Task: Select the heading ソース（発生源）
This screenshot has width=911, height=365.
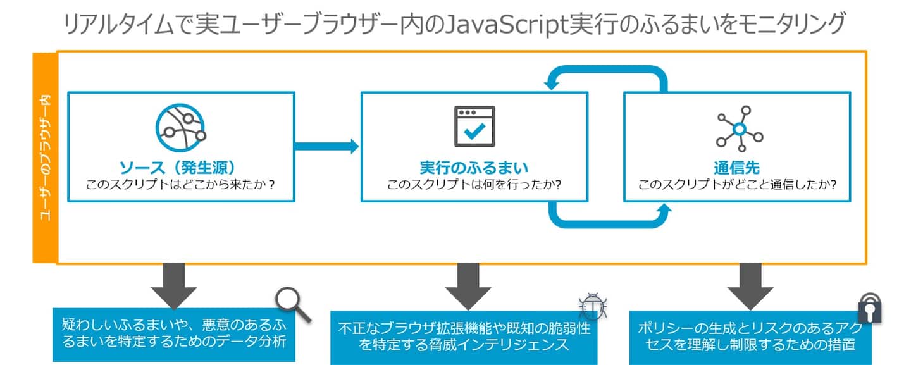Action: click(x=177, y=168)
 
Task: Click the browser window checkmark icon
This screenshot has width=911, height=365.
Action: click(x=474, y=126)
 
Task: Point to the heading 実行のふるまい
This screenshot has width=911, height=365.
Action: click(x=474, y=168)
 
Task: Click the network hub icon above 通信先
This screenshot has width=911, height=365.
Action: click(x=738, y=129)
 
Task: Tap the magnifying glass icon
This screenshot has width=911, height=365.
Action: click(x=294, y=305)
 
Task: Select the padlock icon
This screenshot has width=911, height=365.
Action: click(x=869, y=308)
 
